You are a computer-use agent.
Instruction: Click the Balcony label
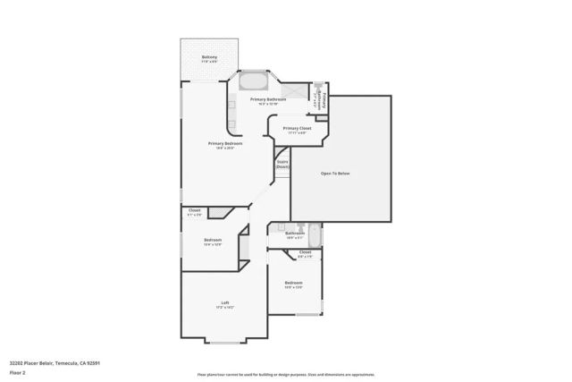pyautogui.click(x=209, y=59)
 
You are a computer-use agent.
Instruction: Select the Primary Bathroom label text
pyautogui.click(x=268, y=100)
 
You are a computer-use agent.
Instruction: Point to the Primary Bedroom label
pyautogui.click(x=225, y=145)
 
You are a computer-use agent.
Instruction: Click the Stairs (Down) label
pyautogui.click(x=282, y=165)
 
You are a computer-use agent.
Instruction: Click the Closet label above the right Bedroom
pyautogui.click(x=305, y=254)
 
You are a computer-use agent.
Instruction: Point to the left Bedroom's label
pyautogui.click(x=213, y=241)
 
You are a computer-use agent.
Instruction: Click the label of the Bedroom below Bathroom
pyautogui.click(x=294, y=285)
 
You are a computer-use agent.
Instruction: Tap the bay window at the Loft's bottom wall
pyautogui.click(x=225, y=343)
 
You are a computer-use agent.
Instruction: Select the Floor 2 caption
pyautogui.click(x=18, y=373)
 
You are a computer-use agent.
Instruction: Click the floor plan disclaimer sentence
pyautogui.click(x=286, y=374)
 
